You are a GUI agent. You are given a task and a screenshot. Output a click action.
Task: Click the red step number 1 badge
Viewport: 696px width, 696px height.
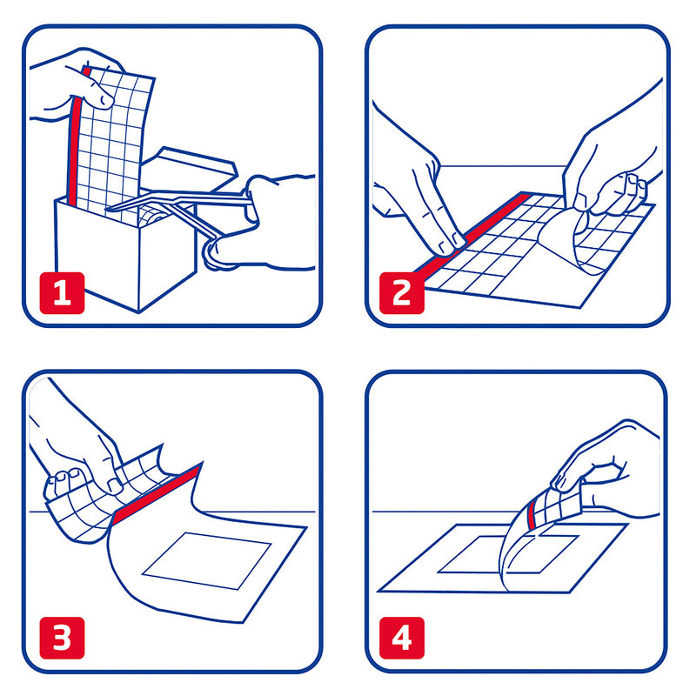pyautogui.click(x=62, y=293)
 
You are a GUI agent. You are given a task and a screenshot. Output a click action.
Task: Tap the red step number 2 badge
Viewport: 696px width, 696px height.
pyautogui.click(x=402, y=293)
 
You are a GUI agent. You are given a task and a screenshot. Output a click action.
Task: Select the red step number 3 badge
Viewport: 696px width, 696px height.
pyautogui.click(x=62, y=638)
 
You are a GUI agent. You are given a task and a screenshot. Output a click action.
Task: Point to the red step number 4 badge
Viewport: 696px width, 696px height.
pyautogui.click(x=402, y=638)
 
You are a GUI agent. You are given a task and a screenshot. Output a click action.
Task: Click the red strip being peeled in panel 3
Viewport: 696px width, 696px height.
pyautogui.click(x=156, y=495)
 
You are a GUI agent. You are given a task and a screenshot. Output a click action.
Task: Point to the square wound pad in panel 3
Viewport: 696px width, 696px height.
pyautogui.click(x=207, y=561)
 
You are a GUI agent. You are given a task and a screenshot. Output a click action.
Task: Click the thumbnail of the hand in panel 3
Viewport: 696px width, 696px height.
pyautogui.click(x=115, y=486)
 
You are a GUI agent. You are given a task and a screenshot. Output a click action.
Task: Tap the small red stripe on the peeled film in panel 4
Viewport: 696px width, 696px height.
pyautogui.click(x=531, y=514)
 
